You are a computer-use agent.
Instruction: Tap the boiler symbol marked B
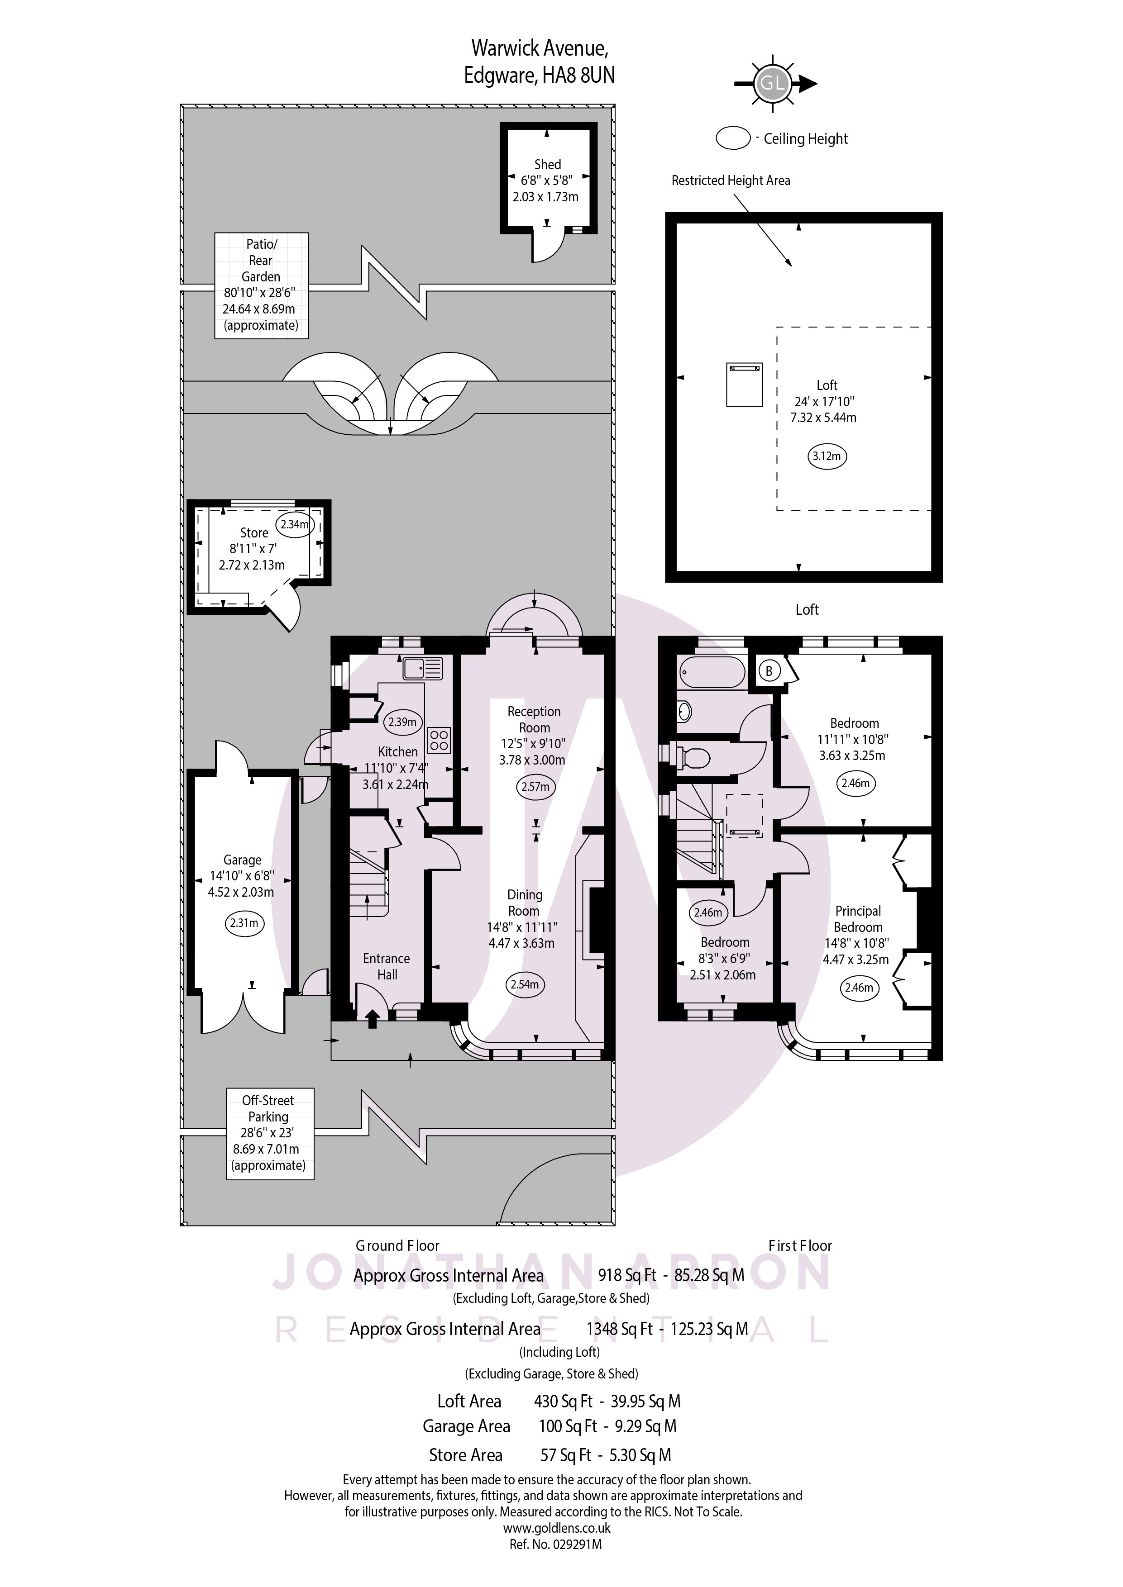[x=769, y=670]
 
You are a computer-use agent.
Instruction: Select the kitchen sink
[x=422, y=668]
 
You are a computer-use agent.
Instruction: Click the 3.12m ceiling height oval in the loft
[x=827, y=456]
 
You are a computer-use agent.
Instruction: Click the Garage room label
[x=242, y=860]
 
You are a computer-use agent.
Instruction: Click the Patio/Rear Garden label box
[x=261, y=285]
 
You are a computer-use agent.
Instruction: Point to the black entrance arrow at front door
[x=372, y=1018]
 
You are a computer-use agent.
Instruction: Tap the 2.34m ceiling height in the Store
[x=294, y=524]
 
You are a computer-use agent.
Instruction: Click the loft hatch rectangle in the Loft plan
[x=744, y=384]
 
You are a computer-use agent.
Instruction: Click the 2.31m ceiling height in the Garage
[x=244, y=923]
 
